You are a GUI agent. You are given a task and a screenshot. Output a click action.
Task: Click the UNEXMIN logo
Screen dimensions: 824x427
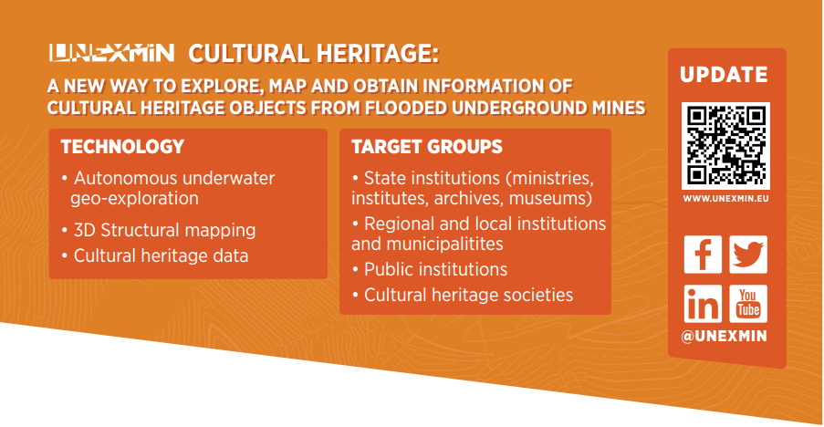pyautogui.click(x=111, y=53)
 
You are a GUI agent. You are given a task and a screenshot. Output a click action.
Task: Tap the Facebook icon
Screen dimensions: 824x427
pyautogui.click(x=703, y=255)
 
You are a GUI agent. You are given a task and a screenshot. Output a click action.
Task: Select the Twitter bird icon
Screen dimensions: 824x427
pyautogui.click(x=747, y=255)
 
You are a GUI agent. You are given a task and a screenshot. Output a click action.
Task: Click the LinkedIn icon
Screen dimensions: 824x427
pyautogui.click(x=703, y=304)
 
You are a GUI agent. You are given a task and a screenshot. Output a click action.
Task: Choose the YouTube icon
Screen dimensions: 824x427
pyautogui.click(x=747, y=304)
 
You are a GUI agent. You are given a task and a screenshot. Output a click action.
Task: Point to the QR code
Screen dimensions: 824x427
pyautogui.click(x=725, y=145)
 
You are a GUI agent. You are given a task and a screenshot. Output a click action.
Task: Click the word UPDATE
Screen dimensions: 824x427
pyautogui.click(x=724, y=75)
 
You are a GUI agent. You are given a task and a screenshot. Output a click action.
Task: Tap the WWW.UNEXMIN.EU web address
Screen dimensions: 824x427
pyautogui.click(x=725, y=199)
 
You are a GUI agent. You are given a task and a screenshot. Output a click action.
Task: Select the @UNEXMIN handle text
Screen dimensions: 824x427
pyautogui.click(x=724, y=336)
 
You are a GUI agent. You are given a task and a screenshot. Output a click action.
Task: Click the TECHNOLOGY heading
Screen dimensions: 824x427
pyautogui.click(x=122, y=147)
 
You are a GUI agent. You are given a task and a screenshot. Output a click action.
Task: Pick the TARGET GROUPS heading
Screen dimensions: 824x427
pyautogui.click(x=427, y=147)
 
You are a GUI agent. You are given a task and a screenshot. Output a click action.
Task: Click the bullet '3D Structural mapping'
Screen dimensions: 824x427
pyautogui.click(x=159, y=230)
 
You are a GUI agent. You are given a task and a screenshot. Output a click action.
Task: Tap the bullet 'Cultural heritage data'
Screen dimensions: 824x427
pyautogui.click(x=155, y=255)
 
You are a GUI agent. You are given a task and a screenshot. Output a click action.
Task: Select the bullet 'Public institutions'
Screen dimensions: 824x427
pyautogui.click(x=430, y=269)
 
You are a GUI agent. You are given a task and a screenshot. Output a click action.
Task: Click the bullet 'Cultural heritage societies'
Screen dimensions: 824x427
pyautogui.click(x=463, y=295)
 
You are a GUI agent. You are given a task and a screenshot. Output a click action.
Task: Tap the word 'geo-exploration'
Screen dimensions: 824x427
pyautogui.click(x=134, y=199)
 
